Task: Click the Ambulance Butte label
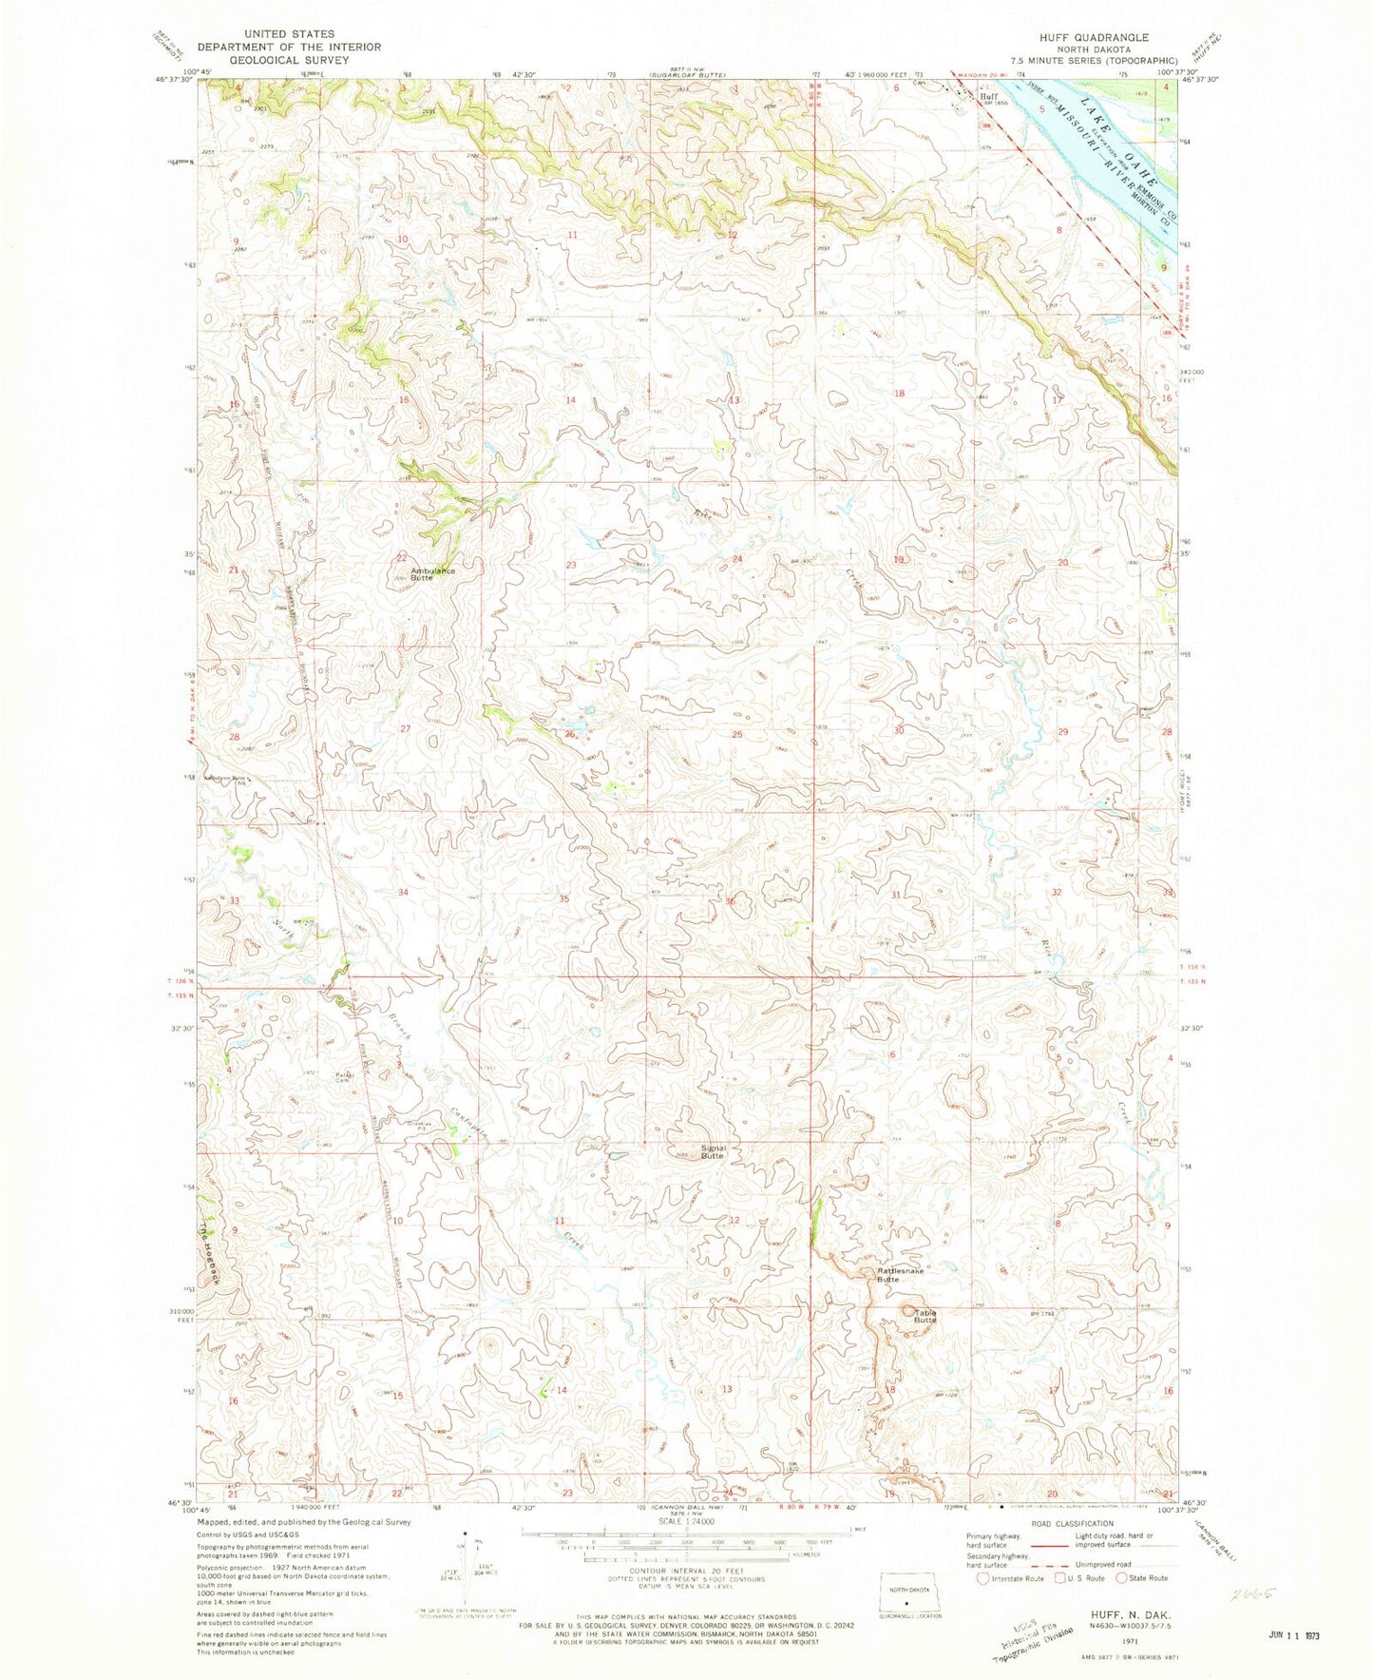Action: (x=433, y=574)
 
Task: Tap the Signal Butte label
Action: (x=713, y=1152)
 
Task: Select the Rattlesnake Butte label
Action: (x=888, y=1275)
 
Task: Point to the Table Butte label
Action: (x=925, y=1317)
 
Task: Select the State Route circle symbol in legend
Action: (x=1122, y=1578)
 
